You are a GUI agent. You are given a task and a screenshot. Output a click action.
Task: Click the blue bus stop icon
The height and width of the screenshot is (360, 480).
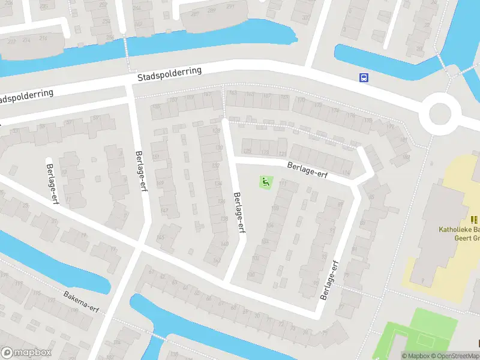364,77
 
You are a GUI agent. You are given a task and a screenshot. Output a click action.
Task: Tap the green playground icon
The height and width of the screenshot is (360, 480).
265,181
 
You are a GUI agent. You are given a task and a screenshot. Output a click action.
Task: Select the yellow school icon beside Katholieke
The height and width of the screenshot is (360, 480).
475,220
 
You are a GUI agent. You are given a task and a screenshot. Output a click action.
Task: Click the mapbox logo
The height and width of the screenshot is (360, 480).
26,353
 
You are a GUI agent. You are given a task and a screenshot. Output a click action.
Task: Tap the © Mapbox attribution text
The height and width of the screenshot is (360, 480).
415,356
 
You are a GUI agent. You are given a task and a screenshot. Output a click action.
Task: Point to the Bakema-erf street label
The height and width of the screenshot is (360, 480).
81,302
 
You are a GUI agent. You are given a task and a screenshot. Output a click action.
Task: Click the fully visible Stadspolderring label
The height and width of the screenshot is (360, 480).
170,74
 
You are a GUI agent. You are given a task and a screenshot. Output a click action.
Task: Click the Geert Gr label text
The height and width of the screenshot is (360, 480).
466,238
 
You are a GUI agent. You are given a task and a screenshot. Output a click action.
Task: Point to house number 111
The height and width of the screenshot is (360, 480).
283,184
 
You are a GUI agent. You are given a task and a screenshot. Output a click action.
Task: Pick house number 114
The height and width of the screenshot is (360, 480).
346,173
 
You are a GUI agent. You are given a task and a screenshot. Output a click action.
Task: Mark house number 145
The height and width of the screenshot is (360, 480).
160,238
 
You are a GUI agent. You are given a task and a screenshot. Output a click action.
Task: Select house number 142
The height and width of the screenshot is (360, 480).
217,260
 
